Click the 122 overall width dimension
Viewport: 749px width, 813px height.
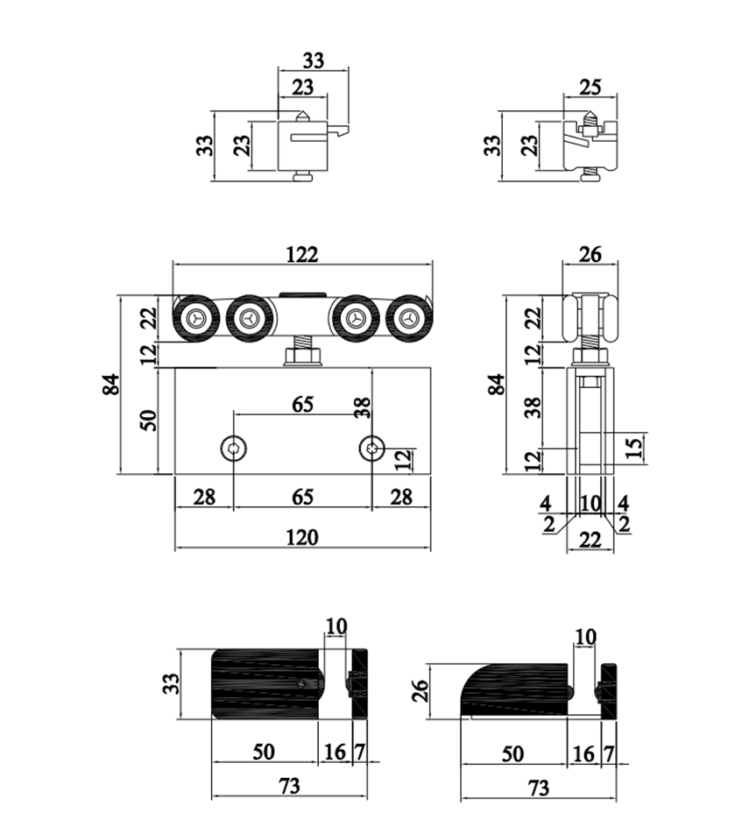(x=301, y=253)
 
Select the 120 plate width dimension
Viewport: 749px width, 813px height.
(x=302, y=536)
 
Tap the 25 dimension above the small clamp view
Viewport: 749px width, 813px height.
(x=590, y=88)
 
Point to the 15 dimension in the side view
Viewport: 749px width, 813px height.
(x=636, y=448)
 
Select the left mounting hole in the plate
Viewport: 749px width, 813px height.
(x=233, y=449)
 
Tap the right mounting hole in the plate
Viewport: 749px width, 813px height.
(x=372, y=449)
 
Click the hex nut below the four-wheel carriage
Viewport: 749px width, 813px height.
(x=302, y=356)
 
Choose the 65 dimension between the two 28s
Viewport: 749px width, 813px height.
(x=301, y=497)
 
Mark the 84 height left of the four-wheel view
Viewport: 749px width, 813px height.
(x=110, y=384)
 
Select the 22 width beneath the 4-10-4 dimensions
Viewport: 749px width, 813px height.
(x=590, y=541)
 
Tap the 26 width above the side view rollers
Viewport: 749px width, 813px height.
(x=591, y=254)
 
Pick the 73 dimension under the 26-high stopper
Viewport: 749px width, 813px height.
(x=539, y=787)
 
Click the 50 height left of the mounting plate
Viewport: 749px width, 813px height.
(x=148, y=420)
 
